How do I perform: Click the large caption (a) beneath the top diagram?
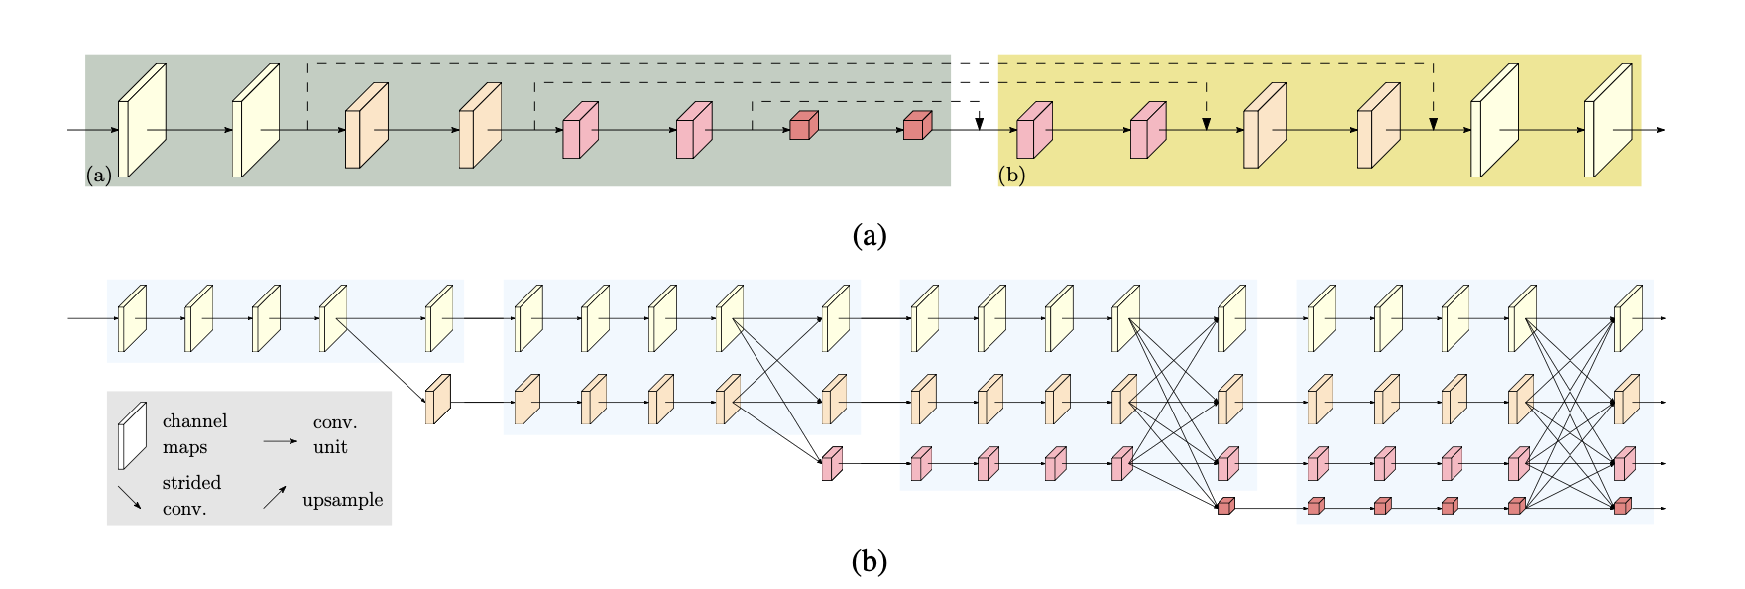869,236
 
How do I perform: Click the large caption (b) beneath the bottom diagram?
869,562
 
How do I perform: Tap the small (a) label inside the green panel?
98,176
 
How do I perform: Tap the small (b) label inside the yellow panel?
1012,176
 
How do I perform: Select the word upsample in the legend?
342,500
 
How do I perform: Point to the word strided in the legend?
191,483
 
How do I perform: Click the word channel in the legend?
194,421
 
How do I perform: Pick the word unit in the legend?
330,447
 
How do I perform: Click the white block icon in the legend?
132,435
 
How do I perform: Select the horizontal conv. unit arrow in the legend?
280,440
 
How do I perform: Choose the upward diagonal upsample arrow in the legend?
275,497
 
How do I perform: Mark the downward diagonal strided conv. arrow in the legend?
130,497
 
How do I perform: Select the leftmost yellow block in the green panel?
141,121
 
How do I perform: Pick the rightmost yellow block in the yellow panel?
1607,121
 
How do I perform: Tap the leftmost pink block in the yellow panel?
1033,130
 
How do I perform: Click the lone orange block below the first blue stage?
437,400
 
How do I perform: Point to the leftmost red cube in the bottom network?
1226,506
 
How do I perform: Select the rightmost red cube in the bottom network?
1622,506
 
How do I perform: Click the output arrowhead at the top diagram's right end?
1661,130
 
